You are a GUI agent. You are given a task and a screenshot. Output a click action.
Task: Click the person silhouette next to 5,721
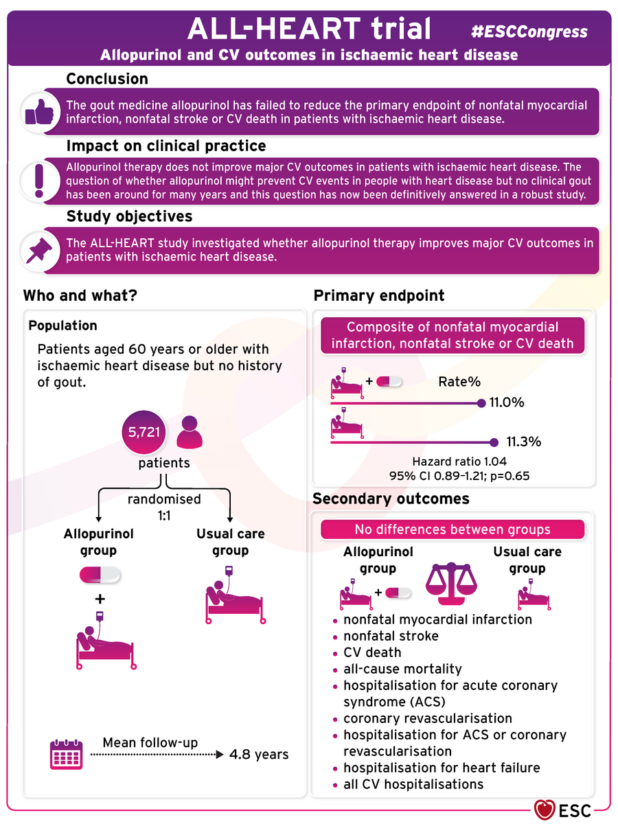click(190, 434)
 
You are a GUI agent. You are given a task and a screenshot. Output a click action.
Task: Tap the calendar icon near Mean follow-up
click(67, 754)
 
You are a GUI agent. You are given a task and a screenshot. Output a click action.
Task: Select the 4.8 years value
click(259, 755)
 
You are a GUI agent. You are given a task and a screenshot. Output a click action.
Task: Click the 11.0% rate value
click(507, 402)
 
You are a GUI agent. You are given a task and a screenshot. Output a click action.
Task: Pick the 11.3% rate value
click(523, 442)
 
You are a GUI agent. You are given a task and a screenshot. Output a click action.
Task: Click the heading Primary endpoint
click(379, 296)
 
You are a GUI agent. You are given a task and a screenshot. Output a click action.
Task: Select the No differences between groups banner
click(453, 529)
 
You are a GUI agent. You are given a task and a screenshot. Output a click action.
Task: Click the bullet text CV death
click(372, 652)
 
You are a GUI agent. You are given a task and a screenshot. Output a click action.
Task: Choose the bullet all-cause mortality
click(402, 669)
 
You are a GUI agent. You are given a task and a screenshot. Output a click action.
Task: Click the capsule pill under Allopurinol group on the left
click(100, 573)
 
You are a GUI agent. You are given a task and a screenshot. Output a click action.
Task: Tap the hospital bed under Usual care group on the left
click(233, 597)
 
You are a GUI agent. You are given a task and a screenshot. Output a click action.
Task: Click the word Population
click(62, 325)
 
